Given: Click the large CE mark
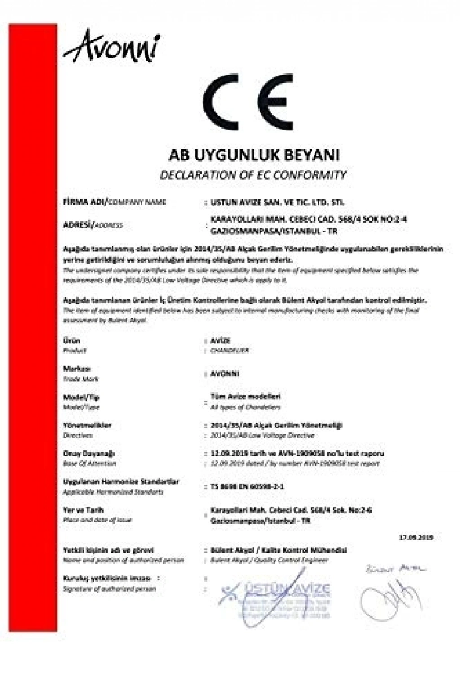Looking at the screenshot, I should point(248,103).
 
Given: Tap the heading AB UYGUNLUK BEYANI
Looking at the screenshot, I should point(254,155).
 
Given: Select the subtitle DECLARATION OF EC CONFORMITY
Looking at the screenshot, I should point(253,175).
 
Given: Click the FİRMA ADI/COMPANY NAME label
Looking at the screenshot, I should point(115,202).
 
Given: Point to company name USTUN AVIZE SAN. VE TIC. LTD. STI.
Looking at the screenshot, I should point(277,202).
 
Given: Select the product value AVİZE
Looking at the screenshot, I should point(220,340).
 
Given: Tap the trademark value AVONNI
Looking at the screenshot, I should point(225,374).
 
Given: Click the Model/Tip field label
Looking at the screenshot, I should point(81,397).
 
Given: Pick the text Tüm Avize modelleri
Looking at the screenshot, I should point(245,396).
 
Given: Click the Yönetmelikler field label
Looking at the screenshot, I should point(87,425).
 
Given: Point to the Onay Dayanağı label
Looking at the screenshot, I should point(88,453).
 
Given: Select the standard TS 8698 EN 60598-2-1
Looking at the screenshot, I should point(247,486).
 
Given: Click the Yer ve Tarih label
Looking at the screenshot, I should point(83,510).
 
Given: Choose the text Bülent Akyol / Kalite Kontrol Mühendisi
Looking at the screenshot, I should point(279,550).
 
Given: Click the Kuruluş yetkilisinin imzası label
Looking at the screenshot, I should point(107,578).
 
